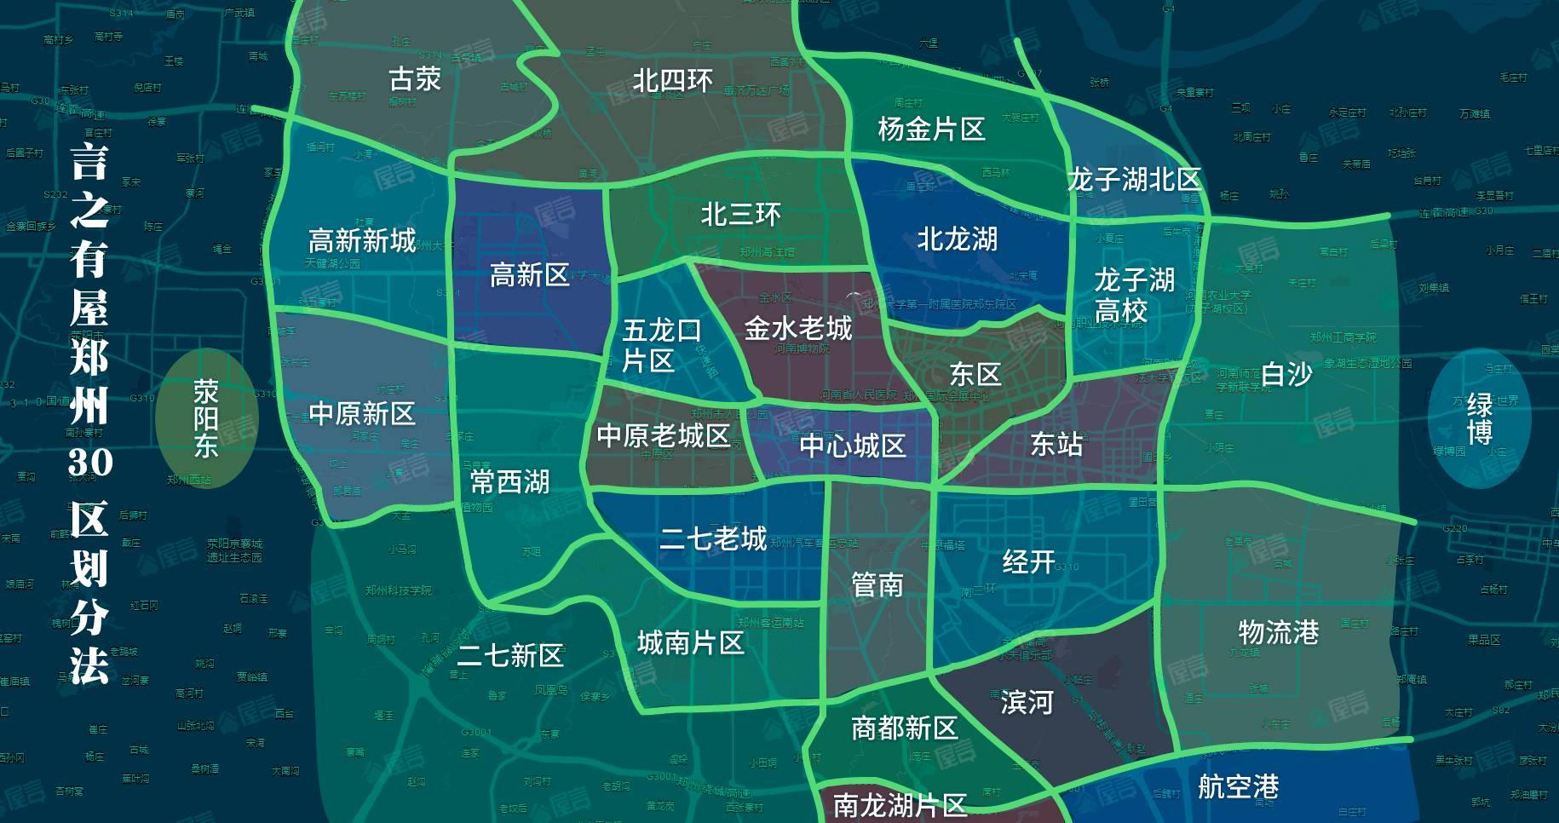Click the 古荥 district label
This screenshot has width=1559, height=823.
[x=415, y=79]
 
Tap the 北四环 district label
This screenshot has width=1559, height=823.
[x=672, y=81]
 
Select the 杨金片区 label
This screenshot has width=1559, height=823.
[x=931, y=129]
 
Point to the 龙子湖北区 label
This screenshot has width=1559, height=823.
[x=1134, y=180]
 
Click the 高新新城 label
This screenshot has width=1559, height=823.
[x=362, y=241]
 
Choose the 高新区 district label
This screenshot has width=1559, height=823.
[x=529, y=275]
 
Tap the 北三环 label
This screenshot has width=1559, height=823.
[x=740, y=215]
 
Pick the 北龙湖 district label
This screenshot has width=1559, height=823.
[x=957, y=239]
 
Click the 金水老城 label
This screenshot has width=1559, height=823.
[x=798, y=328]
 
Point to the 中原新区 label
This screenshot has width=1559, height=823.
[x=362, y=414]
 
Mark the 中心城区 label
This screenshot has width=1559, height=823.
[x=852, y=446]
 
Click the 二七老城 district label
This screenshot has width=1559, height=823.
[x=713, y=538]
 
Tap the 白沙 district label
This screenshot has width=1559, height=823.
[x=1286, y=374]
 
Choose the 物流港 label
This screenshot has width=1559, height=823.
[x=1278, y=632]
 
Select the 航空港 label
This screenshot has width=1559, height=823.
[x=1238, y=786]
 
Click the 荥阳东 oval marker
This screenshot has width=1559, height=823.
[x=206, y=418]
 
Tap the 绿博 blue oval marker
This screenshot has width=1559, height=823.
[x=1480, y=418]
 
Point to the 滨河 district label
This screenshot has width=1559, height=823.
[x=1027, y=703]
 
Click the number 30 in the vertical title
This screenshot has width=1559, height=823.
[x=90, y=463]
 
